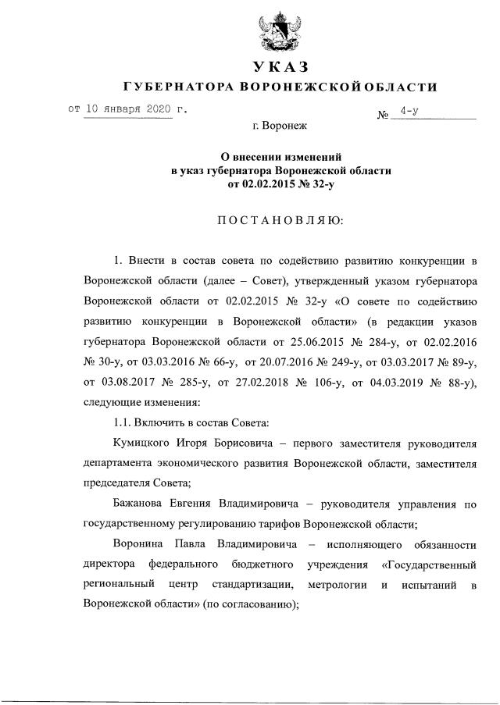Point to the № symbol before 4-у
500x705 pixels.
(384, 116)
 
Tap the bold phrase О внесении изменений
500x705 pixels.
(280, 156)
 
